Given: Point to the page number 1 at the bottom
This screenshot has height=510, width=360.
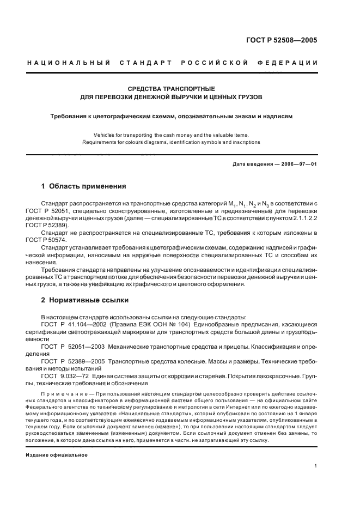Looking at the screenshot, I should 316,466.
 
